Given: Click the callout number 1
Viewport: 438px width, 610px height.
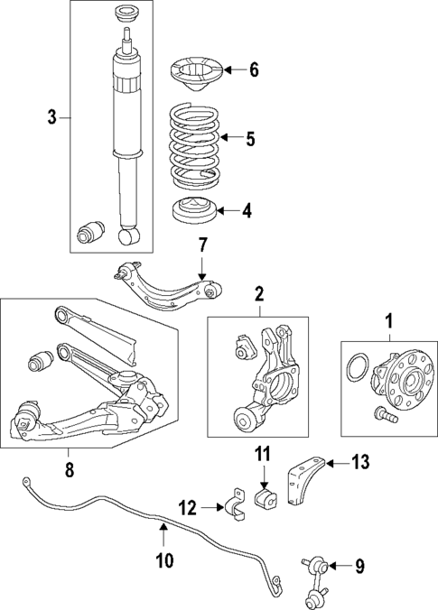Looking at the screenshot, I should pos(390,319).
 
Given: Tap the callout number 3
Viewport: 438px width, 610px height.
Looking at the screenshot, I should pos(52,116).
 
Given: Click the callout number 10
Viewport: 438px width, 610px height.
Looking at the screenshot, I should pos(163,560).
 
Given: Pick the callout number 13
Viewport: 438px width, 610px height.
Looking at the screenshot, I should pos(360,463).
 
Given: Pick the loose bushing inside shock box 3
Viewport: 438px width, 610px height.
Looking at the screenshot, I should pos(91,232).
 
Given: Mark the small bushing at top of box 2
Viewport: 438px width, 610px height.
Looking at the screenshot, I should pos(242,346).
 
